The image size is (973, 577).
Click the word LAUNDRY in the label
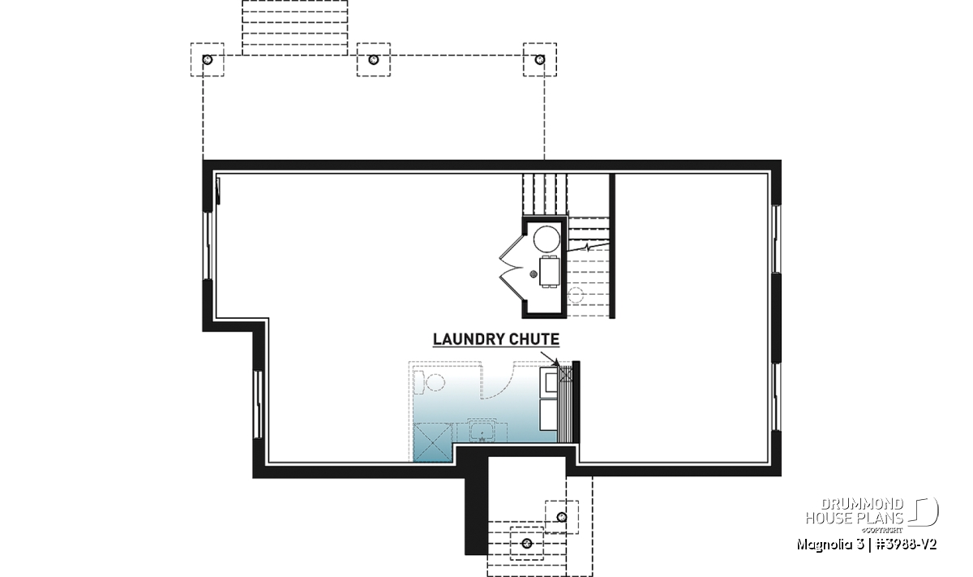[469, 339]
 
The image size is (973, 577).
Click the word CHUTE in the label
[534, 339]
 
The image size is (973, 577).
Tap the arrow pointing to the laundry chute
[550, 360]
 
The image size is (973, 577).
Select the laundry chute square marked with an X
[566, 374]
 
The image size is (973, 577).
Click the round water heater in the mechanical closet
[547, 239]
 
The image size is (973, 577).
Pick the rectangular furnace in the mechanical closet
[550, 272]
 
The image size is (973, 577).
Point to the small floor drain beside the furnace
[534, 273]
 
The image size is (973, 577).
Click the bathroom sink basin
[482, 432]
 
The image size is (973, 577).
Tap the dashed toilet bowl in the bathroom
[435, 382]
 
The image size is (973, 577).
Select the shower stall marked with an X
[433, 442]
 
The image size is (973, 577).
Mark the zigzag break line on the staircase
[588, 248]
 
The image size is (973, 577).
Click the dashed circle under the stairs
[576, 295]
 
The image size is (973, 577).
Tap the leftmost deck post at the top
[208, 59]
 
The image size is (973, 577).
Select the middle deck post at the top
[374, 59]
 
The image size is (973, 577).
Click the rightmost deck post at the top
[540, 59]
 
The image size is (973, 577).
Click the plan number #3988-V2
[907, 545]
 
